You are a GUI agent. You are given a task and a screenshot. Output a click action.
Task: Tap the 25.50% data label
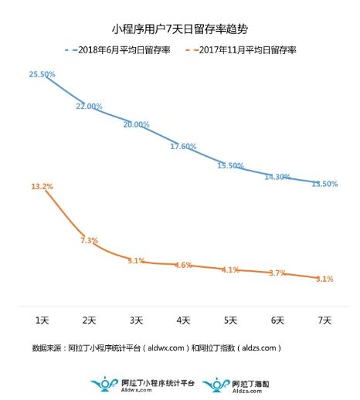[x=42, y=74]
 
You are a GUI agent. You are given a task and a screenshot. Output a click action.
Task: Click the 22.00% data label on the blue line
[x=90, y=107]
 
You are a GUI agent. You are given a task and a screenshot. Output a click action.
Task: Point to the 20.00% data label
[x=136, y=124]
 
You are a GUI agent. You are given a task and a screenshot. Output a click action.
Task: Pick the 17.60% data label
[x=183, y=146]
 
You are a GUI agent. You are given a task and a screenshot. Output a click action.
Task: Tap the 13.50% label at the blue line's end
[x=324, y=184]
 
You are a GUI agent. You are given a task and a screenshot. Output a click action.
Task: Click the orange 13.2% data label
[x=42, y=186]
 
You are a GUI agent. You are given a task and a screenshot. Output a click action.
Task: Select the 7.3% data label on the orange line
[x=89, y=240]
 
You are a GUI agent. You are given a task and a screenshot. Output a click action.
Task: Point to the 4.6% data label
[x=183, y=265]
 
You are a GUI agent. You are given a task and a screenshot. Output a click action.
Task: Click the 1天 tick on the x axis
[x=42, y=320]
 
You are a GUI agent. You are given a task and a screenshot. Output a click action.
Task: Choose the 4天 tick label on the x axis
[x=183, y=320]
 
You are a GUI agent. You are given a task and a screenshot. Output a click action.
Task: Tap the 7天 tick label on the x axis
[x=324, y=320]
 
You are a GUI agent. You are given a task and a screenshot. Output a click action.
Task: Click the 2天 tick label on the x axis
[x=90, y=320]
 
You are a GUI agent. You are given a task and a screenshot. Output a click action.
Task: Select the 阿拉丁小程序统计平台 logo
[x=140, y=384]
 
